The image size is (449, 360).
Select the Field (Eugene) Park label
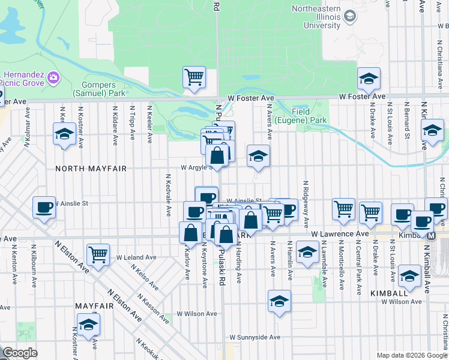tap(309, 116)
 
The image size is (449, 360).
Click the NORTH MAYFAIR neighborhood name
tap(91, 169)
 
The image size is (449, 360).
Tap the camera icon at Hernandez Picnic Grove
tap(53, 77)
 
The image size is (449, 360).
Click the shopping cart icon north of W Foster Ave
tap(194, 77)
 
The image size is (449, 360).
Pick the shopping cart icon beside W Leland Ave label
tap(98, 254)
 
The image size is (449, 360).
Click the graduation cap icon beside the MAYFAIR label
tap(88, 325)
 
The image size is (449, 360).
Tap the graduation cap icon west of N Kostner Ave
tap(64, 134)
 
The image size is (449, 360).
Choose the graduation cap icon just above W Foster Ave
tap(369, 79)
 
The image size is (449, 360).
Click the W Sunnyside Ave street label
tap(255, 337)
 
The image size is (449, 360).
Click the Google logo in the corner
tap(20, 353)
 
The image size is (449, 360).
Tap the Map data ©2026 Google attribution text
tap(411, 355)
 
